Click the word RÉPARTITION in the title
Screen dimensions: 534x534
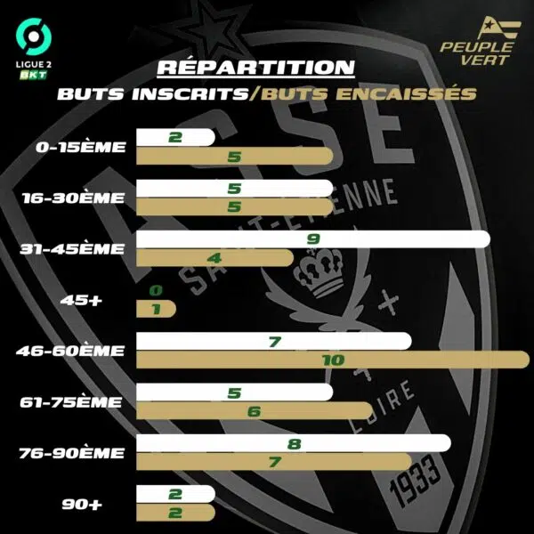point(255,69)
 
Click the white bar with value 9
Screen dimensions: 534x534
point(311,239)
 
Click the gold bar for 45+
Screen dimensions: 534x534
point(155,310)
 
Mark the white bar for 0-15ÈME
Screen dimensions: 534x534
point(174,137)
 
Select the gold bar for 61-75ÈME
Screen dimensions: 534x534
point(254,411)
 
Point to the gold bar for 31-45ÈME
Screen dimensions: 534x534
point(214,258)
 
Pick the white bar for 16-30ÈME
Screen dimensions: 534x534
point(234,189)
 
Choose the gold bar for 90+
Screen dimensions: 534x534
point(174,514)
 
